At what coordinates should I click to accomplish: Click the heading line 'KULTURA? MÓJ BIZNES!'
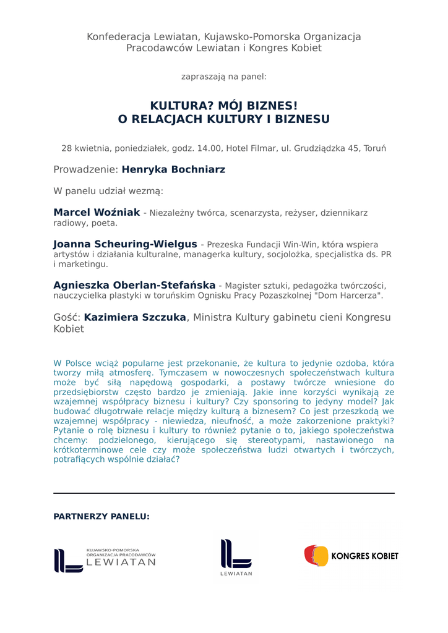coord(224,106)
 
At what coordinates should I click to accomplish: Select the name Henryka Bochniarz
coord(173,169)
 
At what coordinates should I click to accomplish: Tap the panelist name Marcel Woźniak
coord(97,213)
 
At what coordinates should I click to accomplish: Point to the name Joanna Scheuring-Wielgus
coord(125,244)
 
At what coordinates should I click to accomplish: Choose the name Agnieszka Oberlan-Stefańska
coord(134,285)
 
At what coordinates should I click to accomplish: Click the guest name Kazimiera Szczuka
coord(135,317)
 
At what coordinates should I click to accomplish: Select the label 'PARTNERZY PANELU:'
coord(101,516)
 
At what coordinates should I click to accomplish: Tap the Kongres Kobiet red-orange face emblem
coord(316,556)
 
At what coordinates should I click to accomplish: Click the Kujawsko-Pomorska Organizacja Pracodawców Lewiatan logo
coord(105,559)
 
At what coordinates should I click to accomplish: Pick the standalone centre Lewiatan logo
coord(236,556)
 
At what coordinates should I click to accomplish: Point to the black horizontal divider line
coord(224,493)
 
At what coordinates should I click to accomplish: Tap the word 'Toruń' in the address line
coord(374,148)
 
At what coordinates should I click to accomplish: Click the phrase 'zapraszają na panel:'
coord(224,77)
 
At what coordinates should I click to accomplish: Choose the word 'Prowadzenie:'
coord(85,169)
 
